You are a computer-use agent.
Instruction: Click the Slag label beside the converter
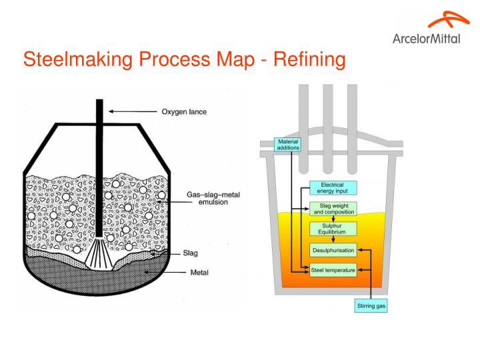191,253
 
